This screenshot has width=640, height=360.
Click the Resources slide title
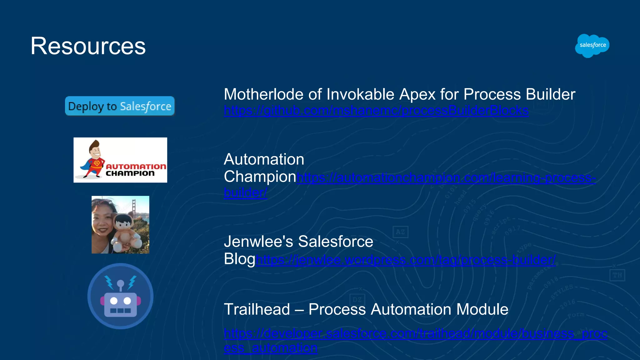[88, 46]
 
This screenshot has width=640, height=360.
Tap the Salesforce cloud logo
[592, 46]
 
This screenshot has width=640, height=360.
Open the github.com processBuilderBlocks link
[376, 111]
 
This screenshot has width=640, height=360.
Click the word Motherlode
[263, 94]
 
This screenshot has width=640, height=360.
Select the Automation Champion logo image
[120, 160]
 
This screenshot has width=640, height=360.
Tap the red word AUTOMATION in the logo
[136, 167]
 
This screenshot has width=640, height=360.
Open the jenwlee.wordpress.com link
[406, 260]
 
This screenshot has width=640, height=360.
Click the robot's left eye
[114, 301]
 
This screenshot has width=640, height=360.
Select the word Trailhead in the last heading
[257, 309]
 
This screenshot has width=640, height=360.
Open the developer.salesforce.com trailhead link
[416, 334]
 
